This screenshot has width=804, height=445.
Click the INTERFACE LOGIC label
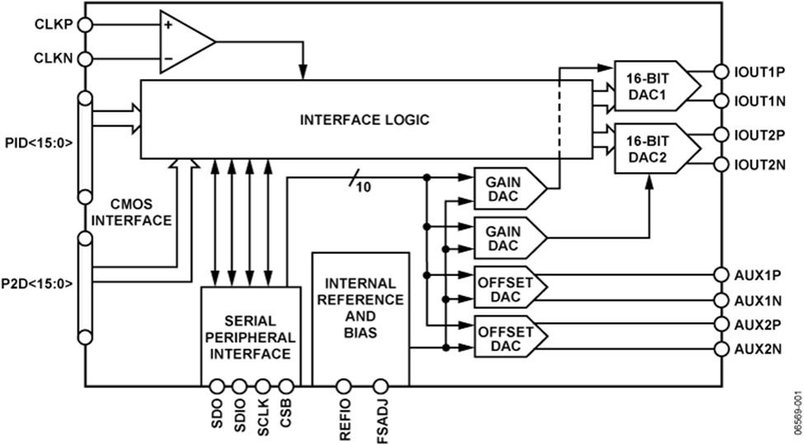[x=364, y=119]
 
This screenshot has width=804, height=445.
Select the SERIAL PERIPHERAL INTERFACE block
[x=250, y=336]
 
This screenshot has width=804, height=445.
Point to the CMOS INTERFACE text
[x=131, y=212]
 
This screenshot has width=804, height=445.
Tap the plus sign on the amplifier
[x=169, y=25]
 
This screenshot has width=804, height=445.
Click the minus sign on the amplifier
[x=169, y=59]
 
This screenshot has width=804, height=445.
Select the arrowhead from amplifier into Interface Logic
[x=303, y=74]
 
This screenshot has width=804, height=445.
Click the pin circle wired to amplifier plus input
[x=84, y=25]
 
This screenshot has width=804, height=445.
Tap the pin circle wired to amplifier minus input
[x=84, y=59]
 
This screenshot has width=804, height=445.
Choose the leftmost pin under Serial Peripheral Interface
[x=217, y=386]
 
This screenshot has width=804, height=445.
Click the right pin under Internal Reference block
[x=381, y=386]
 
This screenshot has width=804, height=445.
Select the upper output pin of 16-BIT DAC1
[x=721, y=72]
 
